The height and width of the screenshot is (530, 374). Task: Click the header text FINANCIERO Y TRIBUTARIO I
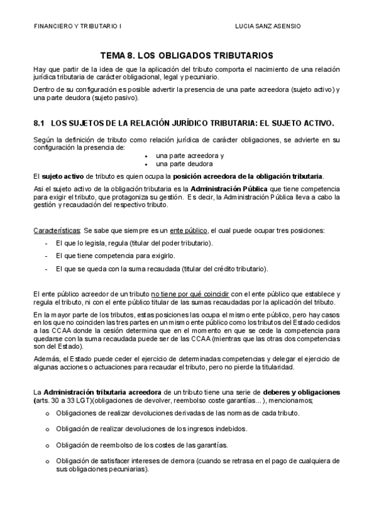[78, 26]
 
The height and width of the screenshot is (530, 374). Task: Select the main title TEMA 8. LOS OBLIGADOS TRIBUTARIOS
[187, 56]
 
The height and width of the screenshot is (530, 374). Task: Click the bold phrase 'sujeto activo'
[65, 176]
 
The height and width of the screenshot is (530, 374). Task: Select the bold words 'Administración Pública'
[226, 189]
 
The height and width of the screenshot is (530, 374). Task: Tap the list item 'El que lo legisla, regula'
[134, 242]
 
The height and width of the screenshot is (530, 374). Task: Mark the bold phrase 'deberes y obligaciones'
[302, 392]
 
